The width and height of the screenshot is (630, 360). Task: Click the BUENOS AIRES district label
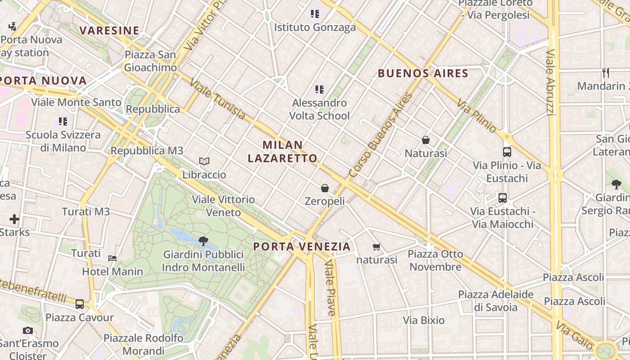point(423,73)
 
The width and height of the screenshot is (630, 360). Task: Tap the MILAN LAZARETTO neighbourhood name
point(283,152)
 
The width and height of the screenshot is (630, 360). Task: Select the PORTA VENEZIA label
point(301,247)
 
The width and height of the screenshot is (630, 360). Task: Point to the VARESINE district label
point(109,31)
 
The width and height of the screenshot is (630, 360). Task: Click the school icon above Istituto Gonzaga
point(315,14)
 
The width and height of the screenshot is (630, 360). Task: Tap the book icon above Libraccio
point(204,161)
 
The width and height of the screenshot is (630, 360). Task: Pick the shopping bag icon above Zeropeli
point(325,188)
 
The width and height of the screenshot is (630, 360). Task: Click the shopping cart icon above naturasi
point(377,247)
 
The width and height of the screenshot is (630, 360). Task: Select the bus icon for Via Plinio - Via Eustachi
point(507,152)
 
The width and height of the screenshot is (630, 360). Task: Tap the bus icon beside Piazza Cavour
point(80,304)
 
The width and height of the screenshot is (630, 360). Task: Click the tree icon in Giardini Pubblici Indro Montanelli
point(203,241)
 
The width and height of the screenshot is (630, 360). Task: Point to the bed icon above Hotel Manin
point(112,258)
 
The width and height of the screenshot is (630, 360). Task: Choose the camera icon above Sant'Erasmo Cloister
point(28,331)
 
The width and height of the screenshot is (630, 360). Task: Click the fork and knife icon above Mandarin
point(606,72)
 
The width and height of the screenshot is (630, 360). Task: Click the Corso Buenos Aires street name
point(381,135)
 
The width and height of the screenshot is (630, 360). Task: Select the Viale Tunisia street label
point(217,99)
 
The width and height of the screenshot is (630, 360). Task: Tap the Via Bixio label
point(423,320)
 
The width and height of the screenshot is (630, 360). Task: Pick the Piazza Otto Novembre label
point(435,260)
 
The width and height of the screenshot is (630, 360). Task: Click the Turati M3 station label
point(85,211)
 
